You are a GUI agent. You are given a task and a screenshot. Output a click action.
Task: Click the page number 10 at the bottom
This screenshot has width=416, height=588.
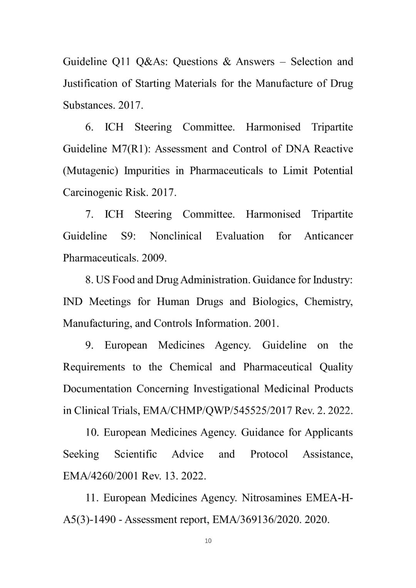click(208, 541)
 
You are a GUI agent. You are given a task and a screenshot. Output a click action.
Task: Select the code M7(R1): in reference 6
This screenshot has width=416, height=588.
click(131, 149)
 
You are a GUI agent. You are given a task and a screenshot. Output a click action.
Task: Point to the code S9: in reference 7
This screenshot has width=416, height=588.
click(128, 236)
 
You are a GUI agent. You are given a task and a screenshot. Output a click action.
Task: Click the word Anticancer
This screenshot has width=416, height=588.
click(328, 236)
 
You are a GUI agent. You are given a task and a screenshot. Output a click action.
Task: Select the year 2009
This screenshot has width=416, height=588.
click(154, 258)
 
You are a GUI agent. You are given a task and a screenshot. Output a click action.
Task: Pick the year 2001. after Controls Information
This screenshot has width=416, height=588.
click(266, 323)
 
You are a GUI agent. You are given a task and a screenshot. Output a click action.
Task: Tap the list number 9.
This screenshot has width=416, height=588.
click(89, 345)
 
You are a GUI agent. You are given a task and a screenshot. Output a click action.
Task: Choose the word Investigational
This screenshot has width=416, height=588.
click(226, 389)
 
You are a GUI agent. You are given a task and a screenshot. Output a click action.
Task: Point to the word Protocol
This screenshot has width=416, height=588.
click(269, 454)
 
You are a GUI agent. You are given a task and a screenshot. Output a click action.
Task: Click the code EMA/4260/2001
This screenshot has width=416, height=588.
click(101, 476)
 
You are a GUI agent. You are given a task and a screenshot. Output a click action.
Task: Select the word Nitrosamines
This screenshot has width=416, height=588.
click(271, 498)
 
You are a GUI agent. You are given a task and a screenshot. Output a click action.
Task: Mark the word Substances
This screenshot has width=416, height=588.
click(89, 106)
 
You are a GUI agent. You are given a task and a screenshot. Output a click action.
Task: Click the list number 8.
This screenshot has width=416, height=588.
click(89, 280)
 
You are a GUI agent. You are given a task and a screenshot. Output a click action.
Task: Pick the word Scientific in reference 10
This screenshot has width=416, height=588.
click(136, 454)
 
